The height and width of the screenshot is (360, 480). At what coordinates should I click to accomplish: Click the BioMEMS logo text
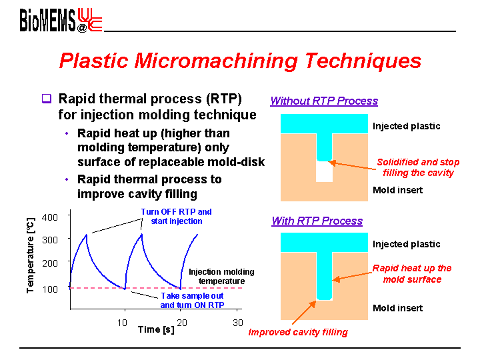point(47,20)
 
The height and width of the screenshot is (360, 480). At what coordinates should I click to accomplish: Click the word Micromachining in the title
point(216,61)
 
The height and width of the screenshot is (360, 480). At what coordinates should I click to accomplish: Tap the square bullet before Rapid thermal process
point(47,99)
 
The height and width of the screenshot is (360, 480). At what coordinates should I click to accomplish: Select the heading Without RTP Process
point(324,101)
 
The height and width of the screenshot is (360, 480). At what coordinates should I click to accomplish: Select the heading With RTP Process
point(317,221)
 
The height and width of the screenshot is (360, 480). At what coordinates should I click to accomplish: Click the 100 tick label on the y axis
point(50,289)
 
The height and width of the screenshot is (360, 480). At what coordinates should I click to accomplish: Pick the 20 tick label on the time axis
point(182,323)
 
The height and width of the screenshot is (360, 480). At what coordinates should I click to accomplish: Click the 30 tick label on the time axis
point(238,323)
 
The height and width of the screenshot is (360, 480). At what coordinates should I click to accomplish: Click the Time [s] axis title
point(156,330)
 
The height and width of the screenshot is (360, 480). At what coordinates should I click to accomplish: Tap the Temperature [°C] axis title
point(31,255)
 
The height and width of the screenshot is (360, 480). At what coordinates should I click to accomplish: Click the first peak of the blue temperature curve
point(87,235)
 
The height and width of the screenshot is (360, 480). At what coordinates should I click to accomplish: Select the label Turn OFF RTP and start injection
point(176,217)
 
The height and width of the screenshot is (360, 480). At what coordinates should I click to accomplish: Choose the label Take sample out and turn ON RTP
point(192,300)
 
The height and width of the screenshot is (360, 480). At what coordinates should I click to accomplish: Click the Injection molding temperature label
point(221,277)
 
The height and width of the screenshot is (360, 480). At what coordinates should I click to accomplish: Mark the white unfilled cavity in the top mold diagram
point(324,171)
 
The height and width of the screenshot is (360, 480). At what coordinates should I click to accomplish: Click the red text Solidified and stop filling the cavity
point(418,167)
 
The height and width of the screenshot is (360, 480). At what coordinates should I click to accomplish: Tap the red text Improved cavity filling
point(298,332)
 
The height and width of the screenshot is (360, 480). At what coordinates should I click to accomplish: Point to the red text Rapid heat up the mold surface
point(412,274)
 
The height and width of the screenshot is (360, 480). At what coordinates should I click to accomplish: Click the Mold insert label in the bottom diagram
point(397,308)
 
